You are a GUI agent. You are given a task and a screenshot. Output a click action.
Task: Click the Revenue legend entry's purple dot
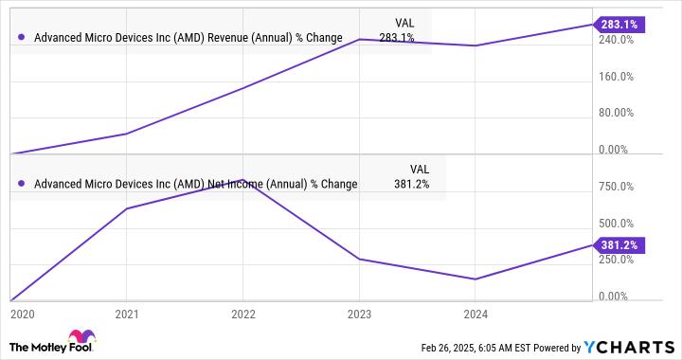(21, 39)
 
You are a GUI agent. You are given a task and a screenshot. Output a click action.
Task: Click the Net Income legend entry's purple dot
(21, 185)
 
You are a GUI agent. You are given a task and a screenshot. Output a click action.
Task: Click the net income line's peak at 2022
(243, 179)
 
